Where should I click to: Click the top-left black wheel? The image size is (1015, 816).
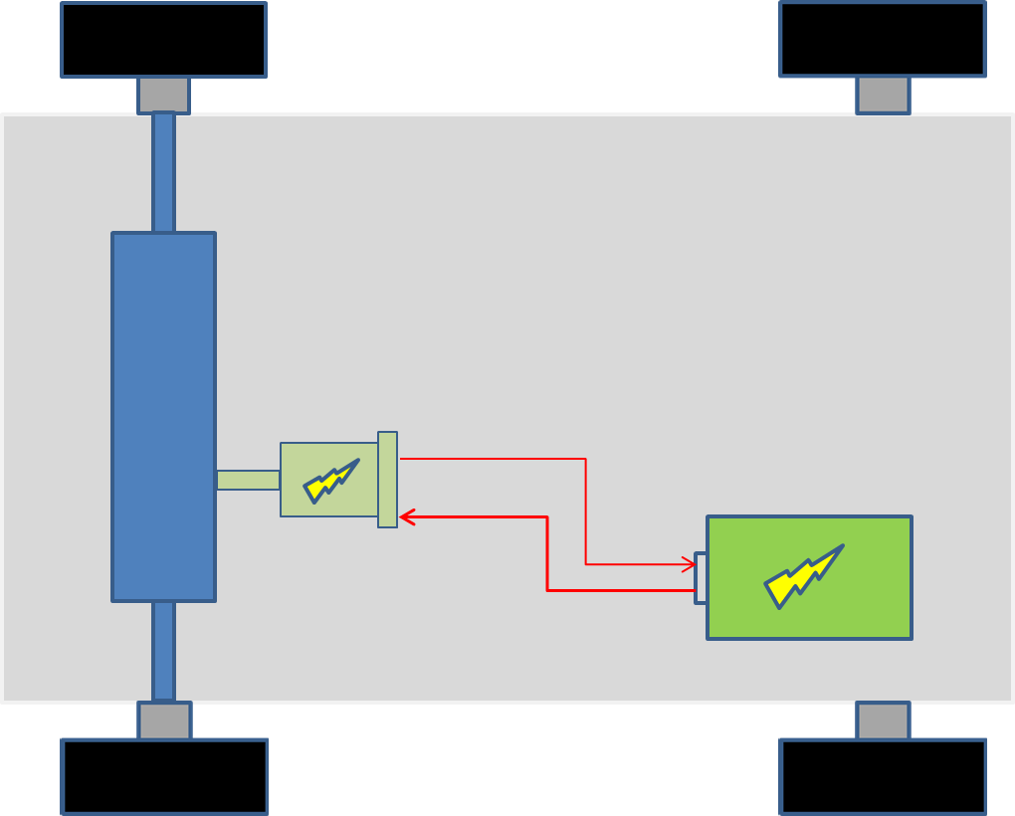tap(163, 40)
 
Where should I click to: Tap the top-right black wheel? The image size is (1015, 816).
tap(883, 40)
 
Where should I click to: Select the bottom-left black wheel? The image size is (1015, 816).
tap(164, 776)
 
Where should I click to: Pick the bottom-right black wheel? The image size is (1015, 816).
tap(883, 776)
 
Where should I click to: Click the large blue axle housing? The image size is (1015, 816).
tap(163, 416)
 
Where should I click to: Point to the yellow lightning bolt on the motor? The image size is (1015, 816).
tap(330, 481)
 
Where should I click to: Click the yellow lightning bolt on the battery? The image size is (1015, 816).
tap(803, 576)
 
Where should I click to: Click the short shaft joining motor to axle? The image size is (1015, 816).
tap(248, 480)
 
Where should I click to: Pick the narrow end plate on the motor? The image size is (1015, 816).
tap(387, 480)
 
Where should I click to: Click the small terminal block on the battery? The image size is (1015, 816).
tap(701, 577)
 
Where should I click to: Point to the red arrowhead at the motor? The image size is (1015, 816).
tap(406, 516)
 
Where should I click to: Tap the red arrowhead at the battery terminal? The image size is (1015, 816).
tap(689, 564)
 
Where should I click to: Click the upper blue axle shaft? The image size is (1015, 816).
tap(163, 172)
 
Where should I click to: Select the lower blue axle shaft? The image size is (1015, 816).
tap(163, 651)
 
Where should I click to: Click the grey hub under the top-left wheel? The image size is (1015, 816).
tap(163, 96)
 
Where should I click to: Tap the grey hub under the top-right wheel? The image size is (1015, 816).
tap(883, 96)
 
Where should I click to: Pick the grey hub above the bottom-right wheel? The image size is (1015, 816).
tap(883, 720)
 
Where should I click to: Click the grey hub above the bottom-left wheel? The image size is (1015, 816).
tap(164, 720)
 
